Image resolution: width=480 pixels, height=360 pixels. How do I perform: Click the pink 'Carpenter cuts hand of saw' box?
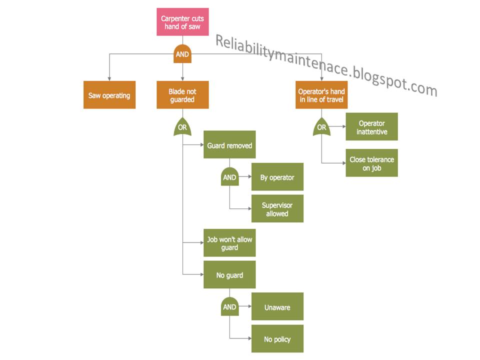(182, 22)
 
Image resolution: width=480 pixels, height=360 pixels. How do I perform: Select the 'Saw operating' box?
(109, 95)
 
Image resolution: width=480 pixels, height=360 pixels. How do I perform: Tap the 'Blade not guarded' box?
(182, 95)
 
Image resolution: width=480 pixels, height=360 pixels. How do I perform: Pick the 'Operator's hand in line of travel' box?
(321, 95)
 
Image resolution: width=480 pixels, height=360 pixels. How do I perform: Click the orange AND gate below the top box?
(182, 54)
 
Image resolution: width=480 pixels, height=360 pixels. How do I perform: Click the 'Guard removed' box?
(229, 145)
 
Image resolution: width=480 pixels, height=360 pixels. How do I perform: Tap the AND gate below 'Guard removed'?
(229, 176)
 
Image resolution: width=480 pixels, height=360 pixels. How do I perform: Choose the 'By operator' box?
(277, 177)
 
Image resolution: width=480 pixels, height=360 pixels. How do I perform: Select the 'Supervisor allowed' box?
(277, 209)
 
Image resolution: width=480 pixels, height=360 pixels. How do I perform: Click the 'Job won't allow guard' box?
(229, 243)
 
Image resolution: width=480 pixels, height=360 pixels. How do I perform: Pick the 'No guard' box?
(229, 275)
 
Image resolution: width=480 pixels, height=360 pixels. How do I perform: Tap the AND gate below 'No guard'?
(229, 307)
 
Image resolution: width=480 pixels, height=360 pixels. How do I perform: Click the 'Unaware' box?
(277, 307)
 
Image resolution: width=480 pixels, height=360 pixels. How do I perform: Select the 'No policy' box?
(277, 339)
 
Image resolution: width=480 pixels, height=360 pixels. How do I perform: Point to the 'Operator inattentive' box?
(371, 127)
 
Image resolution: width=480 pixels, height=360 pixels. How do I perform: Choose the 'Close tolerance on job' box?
(371, 163)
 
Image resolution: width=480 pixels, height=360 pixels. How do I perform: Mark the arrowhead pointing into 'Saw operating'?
(109, 77)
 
